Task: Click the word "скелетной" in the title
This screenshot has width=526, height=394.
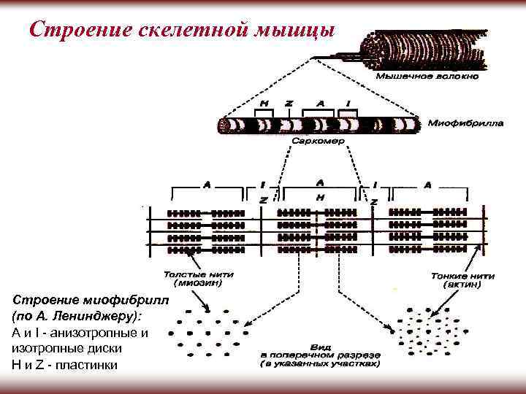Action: [x=182, y=30]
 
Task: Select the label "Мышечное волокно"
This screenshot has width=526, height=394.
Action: [x=427, y=75]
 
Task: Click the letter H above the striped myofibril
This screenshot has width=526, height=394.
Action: [x=264, y=104]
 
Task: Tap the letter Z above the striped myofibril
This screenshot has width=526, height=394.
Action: [x=289, y=104]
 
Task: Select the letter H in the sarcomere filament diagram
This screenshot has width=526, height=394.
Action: [x=320, y=198]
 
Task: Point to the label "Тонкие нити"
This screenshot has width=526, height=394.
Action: [x=462, y=277]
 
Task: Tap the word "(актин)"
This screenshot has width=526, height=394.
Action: [x=462, y=286]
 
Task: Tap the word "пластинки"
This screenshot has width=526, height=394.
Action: [x=85, y=364]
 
